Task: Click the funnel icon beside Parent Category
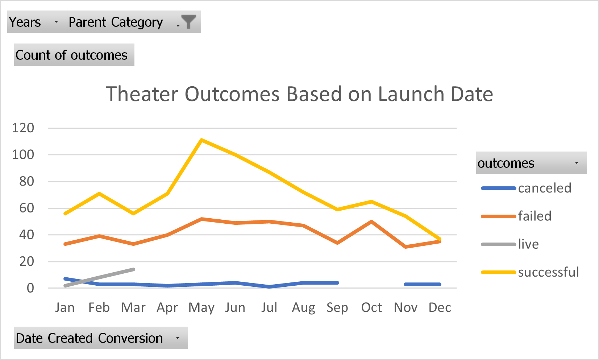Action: pyautogui.click(x=188, y=22)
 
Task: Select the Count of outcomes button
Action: pyautogui.click(x=74, y=55)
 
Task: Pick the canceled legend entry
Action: pyautogui.click(x=544, y=188)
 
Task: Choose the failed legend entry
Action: pyautogui.click(x=534, y=216)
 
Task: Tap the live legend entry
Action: pyautogui.click(x=528, y=244)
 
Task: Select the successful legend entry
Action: pyautogui.click(x=548, y=272)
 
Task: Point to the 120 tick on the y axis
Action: pyautogui.click(x=23, y=128)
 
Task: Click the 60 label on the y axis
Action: pyautogui.click(x=26, y=208)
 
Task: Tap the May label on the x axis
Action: pyautogui.click(x=201, y=307)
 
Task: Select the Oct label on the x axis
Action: pyautogui.click(x=371, y=307)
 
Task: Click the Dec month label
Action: pyautogui.click(x=440, y=307)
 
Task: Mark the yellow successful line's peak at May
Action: pyautogui.click(x=201, y=140)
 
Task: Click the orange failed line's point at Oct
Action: pyautogui.click(x=372, y=222)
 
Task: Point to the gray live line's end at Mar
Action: pyautogui.click(x=133, y=269)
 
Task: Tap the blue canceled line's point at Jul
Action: pyautogui.click(x=269, y=287)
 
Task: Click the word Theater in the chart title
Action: pyautogui.click(x=143, y=94)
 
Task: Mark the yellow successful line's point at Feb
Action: pyautogui.click(x=99, y=194)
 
